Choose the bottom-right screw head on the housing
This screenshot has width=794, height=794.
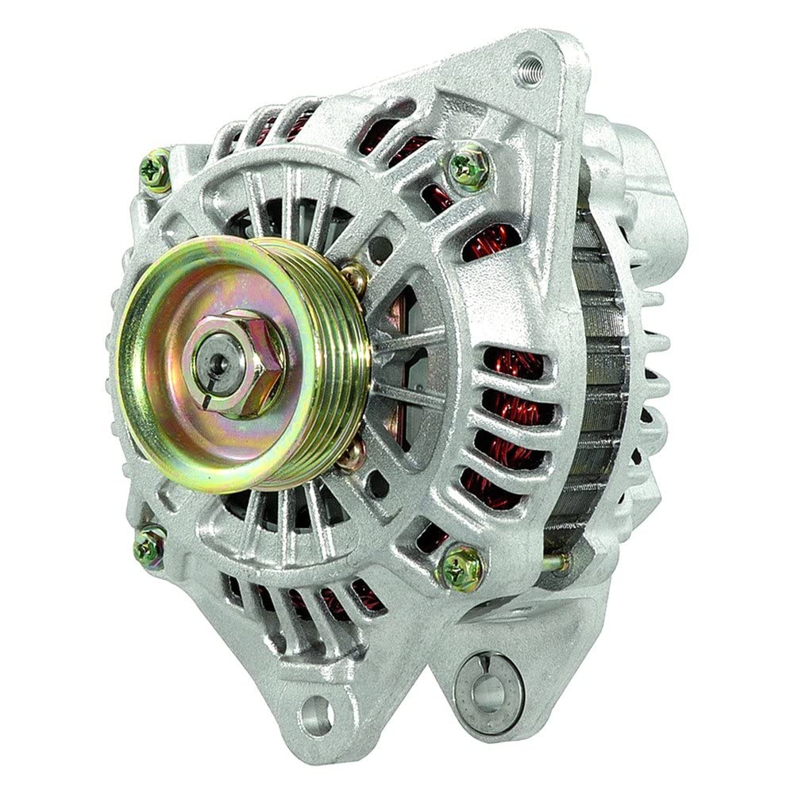(x=461, y=566)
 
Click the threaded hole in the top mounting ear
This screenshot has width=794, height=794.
(x=528, y=70)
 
